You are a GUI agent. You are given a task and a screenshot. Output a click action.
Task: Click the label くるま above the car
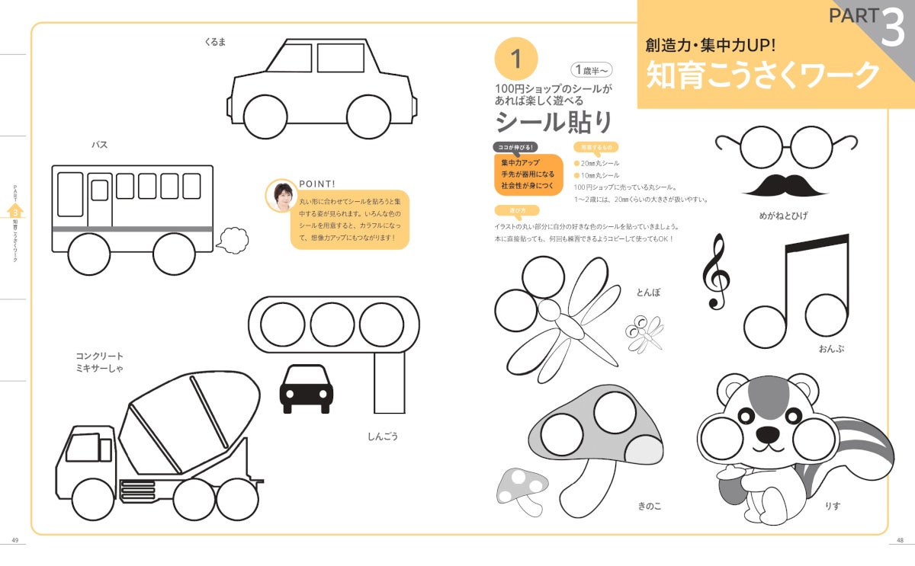(x=215, y=42)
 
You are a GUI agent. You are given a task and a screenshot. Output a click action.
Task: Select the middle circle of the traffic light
(x=332, y=325)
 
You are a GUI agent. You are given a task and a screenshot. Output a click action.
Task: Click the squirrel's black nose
(x=768, y=433)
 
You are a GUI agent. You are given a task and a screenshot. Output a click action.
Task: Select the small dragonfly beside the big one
(x=644, y=334)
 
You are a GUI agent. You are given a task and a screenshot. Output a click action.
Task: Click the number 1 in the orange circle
(x=516, y=59)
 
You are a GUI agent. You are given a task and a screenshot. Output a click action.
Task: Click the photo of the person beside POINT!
(x=282, y=197)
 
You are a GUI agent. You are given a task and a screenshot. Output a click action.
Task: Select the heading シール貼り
(x=554, y=122)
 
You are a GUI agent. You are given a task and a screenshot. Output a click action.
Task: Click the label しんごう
(x=383, y=436)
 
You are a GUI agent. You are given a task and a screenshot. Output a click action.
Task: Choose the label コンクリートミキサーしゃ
(x=99, y=362)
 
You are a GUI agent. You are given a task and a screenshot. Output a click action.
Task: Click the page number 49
(x=14, y=540)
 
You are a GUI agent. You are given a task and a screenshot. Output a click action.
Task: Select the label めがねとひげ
(x=783, y=216)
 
